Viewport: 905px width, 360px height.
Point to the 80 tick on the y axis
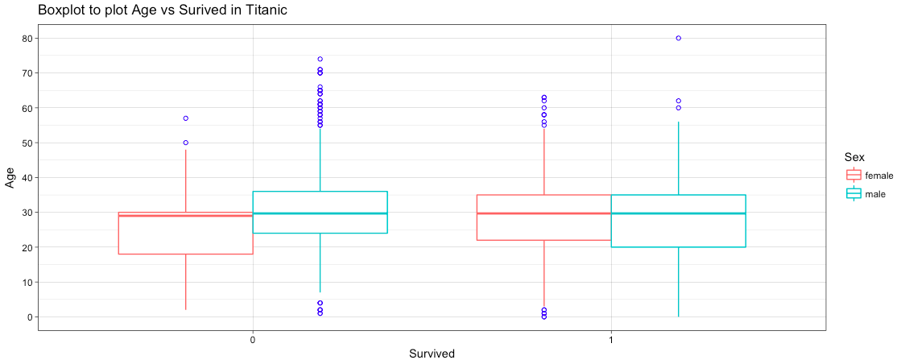point(27,38)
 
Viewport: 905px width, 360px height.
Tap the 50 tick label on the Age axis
point(27,143)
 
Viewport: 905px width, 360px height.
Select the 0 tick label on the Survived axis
point(253,340)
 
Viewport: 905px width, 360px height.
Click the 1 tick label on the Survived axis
point(610,340)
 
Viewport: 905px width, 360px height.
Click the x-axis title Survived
point(432,354)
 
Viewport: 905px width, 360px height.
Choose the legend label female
point(879,175)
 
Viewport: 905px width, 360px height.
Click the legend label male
point(875,194)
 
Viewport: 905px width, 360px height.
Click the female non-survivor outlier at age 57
point(186,118)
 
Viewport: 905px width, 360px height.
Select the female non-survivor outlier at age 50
point(186,143)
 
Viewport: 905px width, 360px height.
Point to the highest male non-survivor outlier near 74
point(320,59)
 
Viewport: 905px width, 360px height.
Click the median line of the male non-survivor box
point(320,213)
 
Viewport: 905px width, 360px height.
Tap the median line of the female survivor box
point(543,213)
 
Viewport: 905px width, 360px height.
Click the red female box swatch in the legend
point(853,175)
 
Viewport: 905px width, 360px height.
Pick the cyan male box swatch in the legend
point(853,194)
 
